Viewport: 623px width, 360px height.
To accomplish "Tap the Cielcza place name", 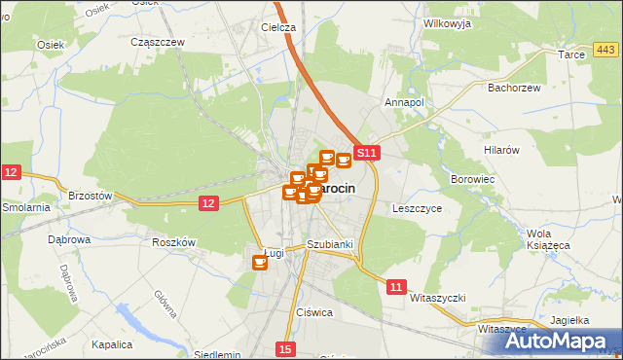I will (x=277, y=27).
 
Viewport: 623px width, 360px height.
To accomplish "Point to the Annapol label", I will (x=405, y=101).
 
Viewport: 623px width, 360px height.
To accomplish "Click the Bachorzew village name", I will (x=514, y=88).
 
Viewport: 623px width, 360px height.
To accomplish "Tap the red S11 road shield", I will (x=366, y=153).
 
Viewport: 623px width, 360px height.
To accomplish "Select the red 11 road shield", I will (x=395, y=287).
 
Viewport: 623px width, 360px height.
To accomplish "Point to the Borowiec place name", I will (x=473, y=180).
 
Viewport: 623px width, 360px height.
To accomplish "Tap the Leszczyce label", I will (x=418, y=208).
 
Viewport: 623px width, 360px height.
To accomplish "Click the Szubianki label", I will (x=328, y=244).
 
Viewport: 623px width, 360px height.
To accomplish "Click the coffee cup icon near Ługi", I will (x=260, y=262).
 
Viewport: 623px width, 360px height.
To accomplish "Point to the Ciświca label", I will (x=315, y=312).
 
